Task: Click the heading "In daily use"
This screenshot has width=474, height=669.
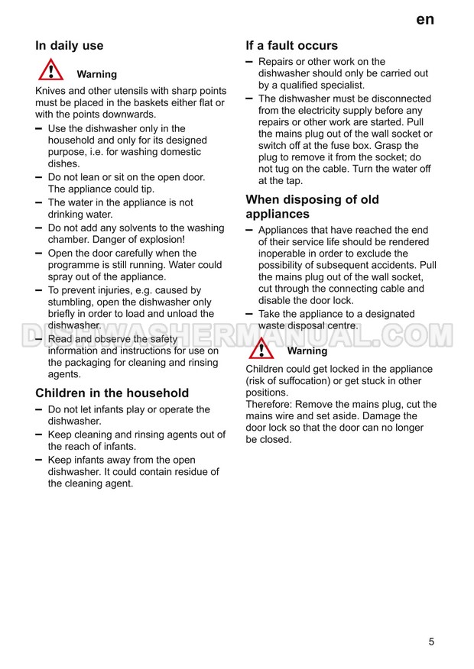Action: click(x=70, y=46)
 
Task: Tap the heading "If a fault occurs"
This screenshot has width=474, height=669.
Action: click(x=291, y=45)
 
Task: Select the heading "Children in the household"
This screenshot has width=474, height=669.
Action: click(x=112, y=393)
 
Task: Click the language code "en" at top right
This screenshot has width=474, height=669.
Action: click(x=425, y=20)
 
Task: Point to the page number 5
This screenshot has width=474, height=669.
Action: click(x=431, y=642)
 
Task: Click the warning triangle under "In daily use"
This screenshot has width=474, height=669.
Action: click(x=51, y=70)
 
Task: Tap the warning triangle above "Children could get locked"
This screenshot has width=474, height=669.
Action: click(x=261, y=348)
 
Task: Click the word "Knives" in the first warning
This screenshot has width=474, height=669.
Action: click(x=51, y=91)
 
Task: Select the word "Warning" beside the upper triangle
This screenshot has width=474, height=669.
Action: click(x=97, y=75)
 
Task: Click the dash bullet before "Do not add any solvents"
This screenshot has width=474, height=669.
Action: click(x=39, y=228)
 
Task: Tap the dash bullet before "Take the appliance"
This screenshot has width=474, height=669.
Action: click(x=249, y=314)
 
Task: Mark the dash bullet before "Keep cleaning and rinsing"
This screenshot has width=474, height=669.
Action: click(x=39, y=435)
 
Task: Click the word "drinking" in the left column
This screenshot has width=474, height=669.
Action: click(x=67, y=215)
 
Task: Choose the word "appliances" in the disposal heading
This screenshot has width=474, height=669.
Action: click(x=277, y=215)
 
